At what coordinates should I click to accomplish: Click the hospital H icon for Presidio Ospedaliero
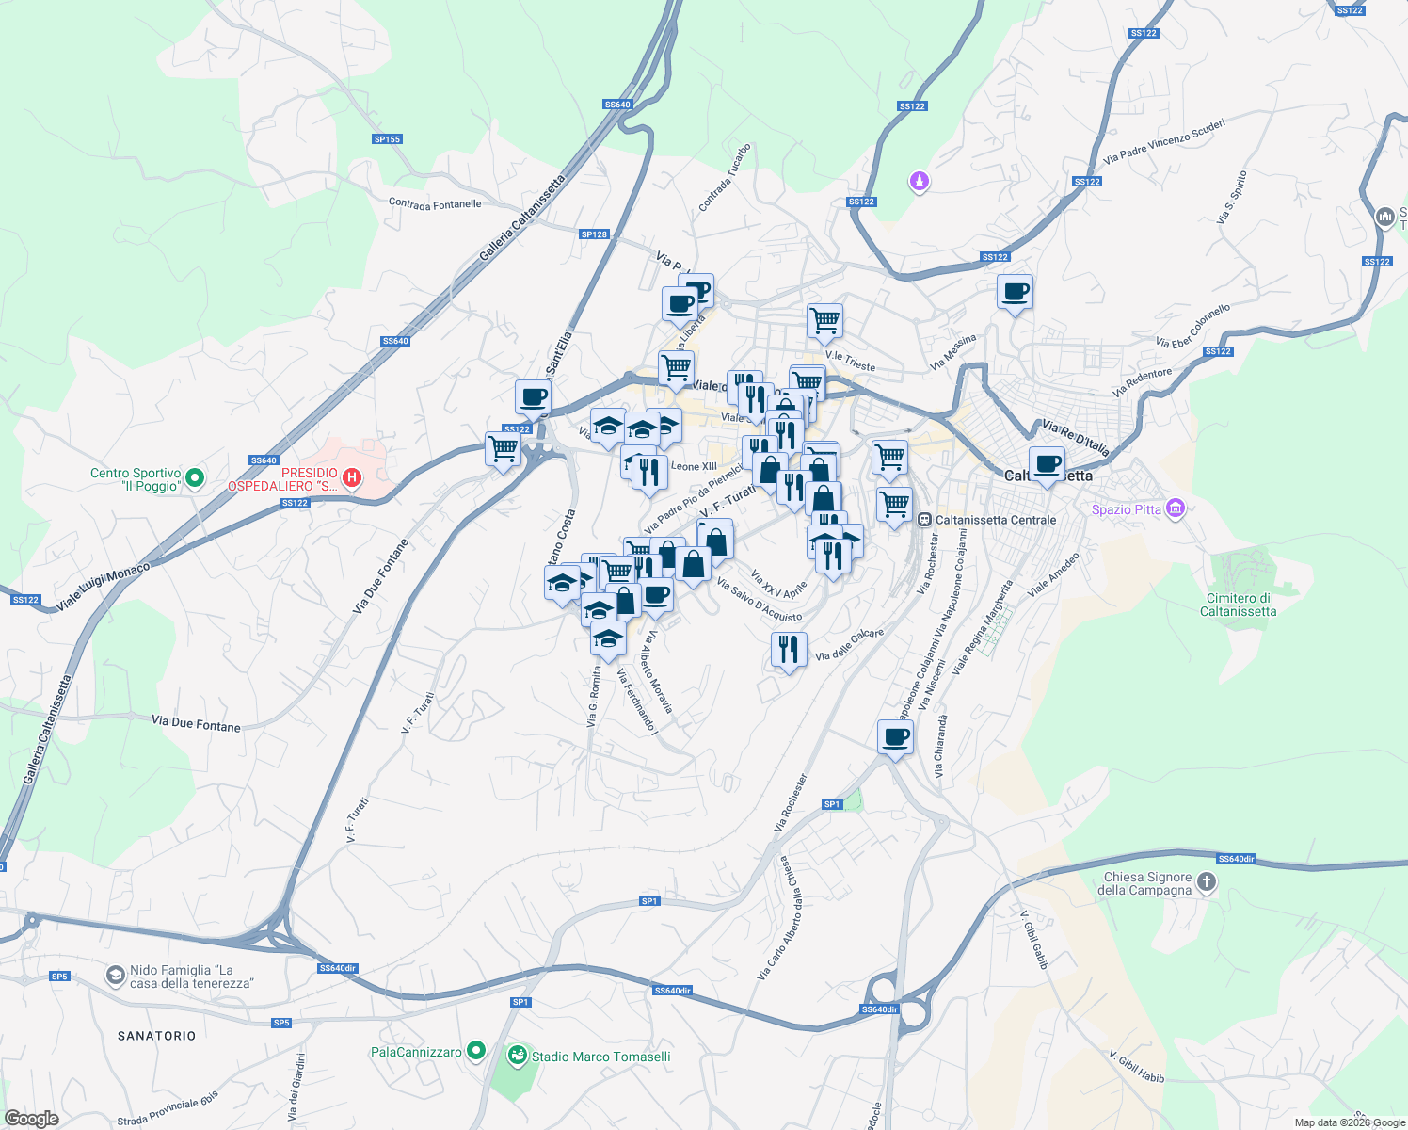click(x=352, y=478)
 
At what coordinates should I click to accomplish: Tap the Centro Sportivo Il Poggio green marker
click(x=195, y=478)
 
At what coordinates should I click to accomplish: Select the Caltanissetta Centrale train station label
click(x=995, y=520)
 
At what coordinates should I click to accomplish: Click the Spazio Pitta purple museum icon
click(x=1175, y=509)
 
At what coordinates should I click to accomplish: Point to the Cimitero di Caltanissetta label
click(x=1238, y=605)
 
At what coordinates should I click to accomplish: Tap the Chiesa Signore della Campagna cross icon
click(x=1207, y=883)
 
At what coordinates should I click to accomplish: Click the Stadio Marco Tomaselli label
click(x=600, y=1057)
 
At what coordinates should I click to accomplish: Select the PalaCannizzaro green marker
click(x=476, y=1050)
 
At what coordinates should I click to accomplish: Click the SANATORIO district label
click(x=157, y=1036)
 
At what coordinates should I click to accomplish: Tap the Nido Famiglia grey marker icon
click(x=116, y=975)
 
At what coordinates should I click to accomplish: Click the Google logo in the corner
click(x=31, y=1119)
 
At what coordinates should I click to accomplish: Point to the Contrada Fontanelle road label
click(x=435, y=204)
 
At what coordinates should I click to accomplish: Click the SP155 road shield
click(x=387, y=139)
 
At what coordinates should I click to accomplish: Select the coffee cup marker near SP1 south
click(x=895, y=737)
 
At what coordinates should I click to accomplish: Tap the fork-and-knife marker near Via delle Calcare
click(x=789, y=650)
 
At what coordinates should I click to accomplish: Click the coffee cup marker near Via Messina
click(x=1015, y=292)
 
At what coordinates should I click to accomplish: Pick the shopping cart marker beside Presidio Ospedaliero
click(x=504, y=449)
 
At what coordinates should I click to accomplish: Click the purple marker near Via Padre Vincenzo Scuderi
click(x=920, y=181)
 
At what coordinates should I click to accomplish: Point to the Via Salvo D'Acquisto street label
click(x=759, y=601)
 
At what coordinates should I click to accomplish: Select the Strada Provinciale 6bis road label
click(x=168, y=1109)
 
